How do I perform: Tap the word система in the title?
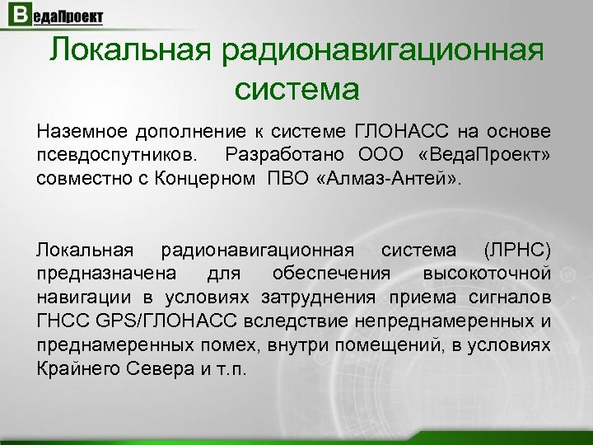(x=296, y=87)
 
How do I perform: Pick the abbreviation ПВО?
(x=286, y=178)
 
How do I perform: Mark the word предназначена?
(x=91, y=272)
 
